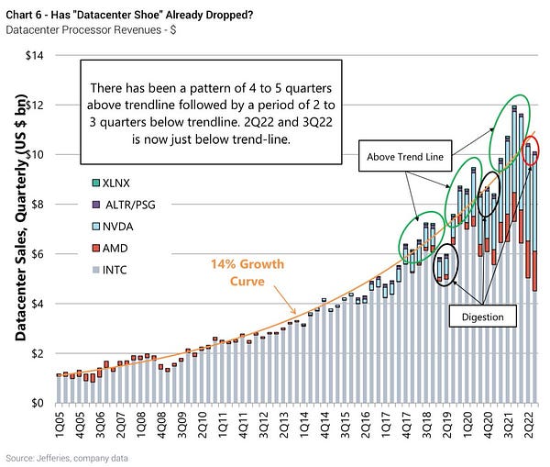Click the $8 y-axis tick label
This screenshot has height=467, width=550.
click(39, 204)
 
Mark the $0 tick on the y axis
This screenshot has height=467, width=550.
click(39, 403)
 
